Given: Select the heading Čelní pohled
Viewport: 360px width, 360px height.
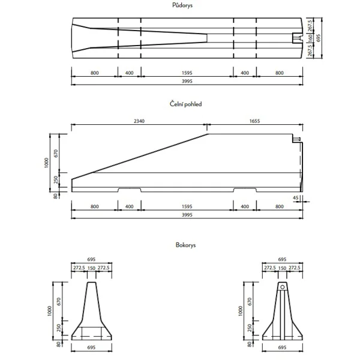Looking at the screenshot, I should point(186,104).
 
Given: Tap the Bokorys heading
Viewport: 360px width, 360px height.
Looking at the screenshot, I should point(186,245).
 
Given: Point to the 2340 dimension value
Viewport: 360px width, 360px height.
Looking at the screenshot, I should point(139,121).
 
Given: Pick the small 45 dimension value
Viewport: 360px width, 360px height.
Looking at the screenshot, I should point(296,197).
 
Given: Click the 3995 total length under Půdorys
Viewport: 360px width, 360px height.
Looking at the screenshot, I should point(187,81).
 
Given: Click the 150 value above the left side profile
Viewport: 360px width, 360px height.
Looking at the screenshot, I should point(92,268).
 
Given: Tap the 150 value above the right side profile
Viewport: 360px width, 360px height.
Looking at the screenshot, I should point(282,268).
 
